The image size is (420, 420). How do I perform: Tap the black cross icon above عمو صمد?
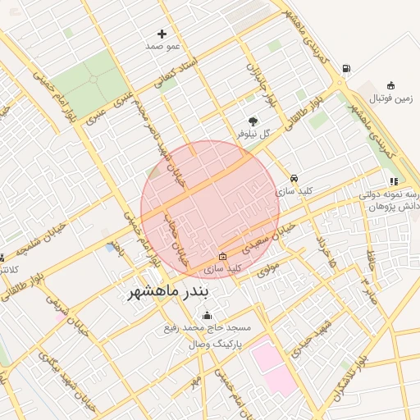click(162, 34)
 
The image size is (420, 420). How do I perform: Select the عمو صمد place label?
click(162, 47)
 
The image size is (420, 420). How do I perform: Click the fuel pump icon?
click(346, 69)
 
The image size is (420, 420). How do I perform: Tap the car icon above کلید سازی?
click(294, 178)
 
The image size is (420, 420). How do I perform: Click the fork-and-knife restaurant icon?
click(394, 181)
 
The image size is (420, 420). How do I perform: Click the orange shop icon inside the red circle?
click(223, 256)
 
